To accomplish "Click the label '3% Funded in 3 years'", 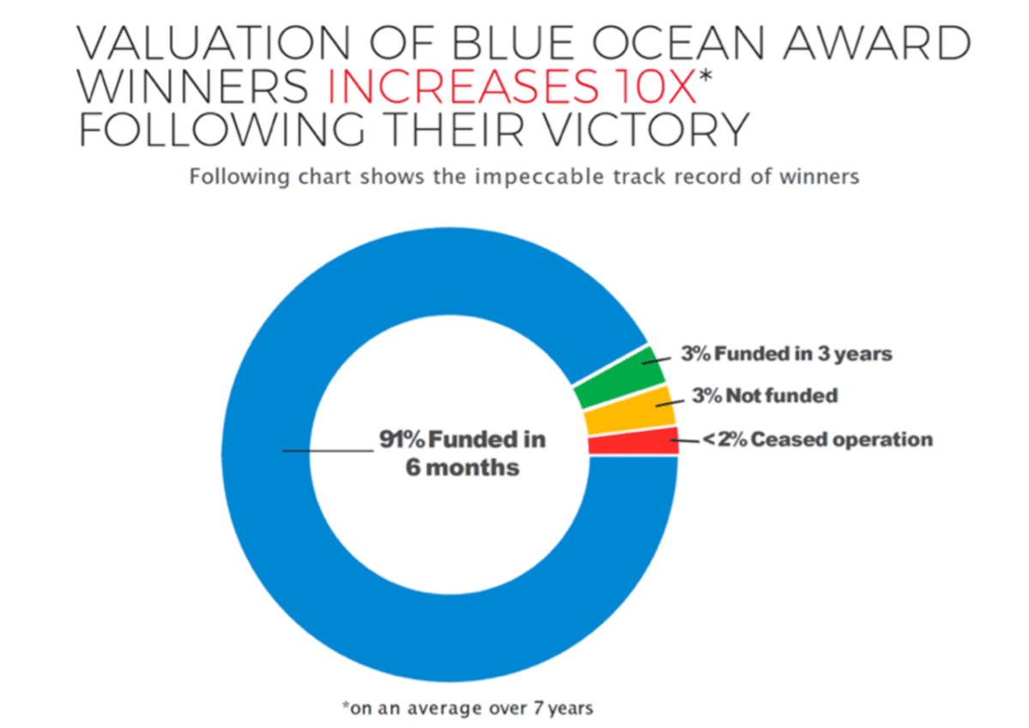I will click(786, 353).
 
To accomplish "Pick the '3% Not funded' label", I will click(764, 396).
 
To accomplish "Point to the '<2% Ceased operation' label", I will click(817, 440).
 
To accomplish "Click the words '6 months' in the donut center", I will click(462, 468).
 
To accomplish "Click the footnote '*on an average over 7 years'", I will click(467, 708).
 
